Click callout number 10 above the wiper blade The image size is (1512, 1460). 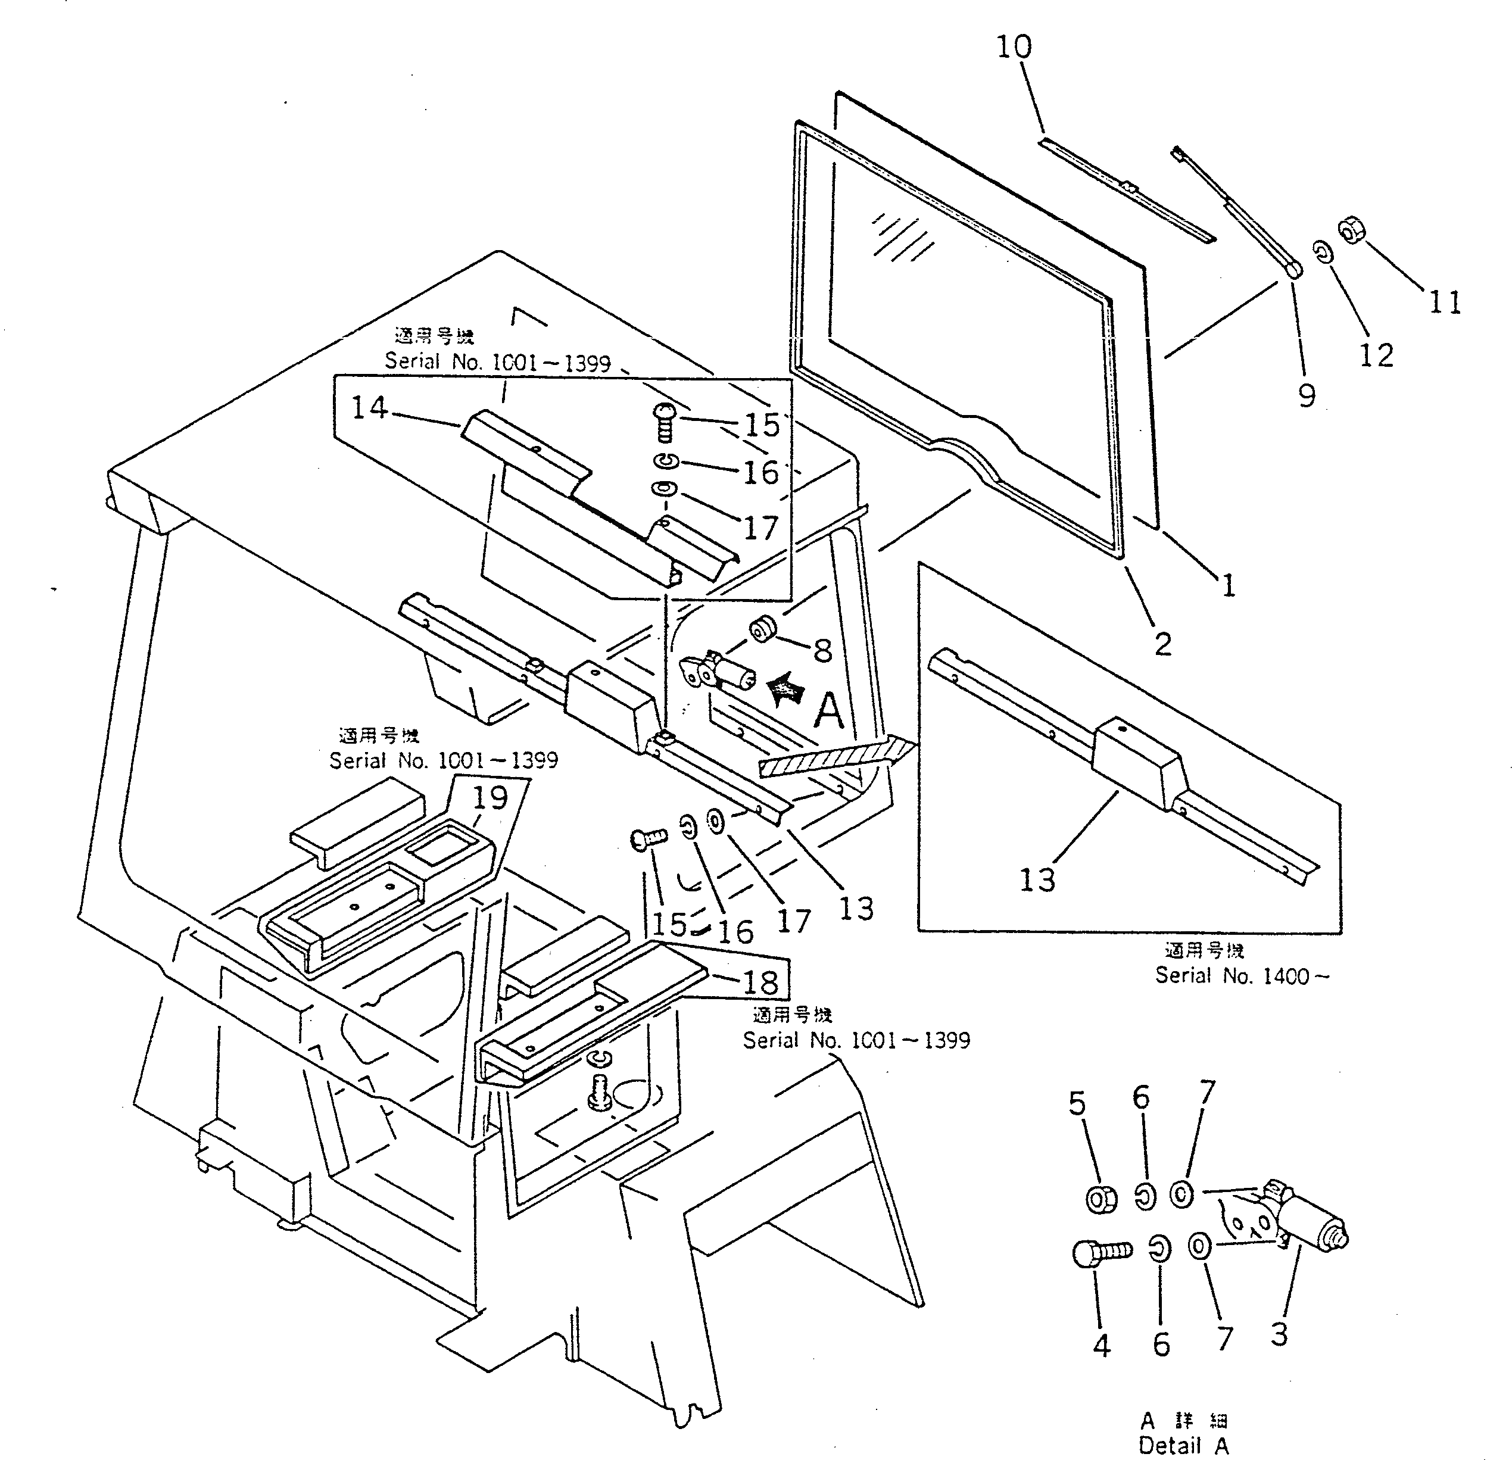[1014, 48]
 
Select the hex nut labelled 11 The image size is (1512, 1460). [1350, 228]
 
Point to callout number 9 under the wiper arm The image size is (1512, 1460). [1307, 395]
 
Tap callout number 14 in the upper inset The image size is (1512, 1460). [370, 407]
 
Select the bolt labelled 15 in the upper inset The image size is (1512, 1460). [663, 423]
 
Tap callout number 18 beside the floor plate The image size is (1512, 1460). [760, 982]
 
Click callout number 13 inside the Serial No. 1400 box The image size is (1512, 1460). [1037, 880]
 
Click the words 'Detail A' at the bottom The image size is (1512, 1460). [1183, 1445]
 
